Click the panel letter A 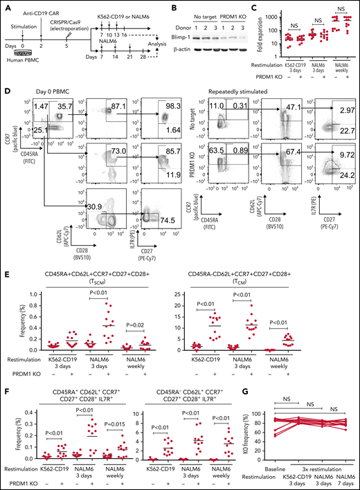pos(5,6)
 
